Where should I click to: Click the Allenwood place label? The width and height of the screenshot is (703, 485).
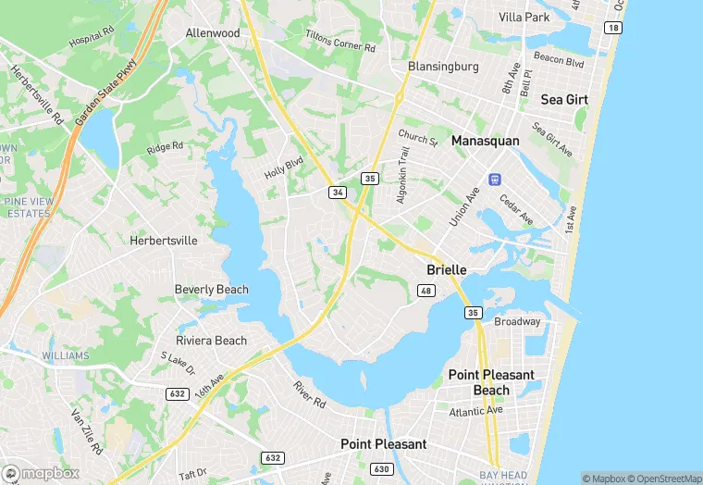point(213,33)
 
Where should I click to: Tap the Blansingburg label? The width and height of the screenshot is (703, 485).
point(443,67)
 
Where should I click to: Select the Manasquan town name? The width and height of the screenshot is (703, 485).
point(486,141)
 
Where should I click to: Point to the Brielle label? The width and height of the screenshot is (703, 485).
point(446,269)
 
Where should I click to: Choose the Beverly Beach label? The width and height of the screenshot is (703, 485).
point(212,290)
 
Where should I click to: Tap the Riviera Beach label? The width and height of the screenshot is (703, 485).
point(212,341)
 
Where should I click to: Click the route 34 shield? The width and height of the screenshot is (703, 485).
point(338,193)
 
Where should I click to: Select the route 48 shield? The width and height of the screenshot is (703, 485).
point(426,291)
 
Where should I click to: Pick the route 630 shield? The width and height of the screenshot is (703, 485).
point(381,469)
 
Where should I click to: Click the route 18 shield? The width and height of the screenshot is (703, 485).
point(612,28)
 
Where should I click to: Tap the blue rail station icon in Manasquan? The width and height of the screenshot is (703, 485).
point(495,179)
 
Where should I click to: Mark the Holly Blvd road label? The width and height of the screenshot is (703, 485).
point(284,168)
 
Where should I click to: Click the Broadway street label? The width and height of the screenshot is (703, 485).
point(517,322)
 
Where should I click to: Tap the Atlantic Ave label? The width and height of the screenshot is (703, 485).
point(475,410)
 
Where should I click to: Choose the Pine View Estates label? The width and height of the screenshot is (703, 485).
point(27,207)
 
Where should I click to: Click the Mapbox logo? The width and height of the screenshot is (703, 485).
point(41,473)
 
